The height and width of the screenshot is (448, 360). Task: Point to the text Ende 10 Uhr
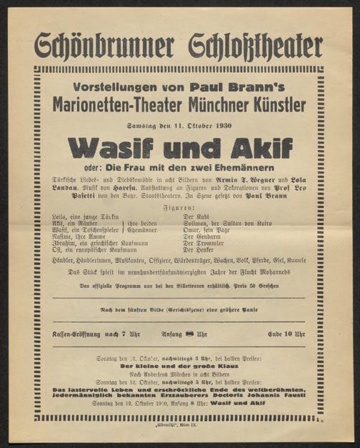(286, 334)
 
